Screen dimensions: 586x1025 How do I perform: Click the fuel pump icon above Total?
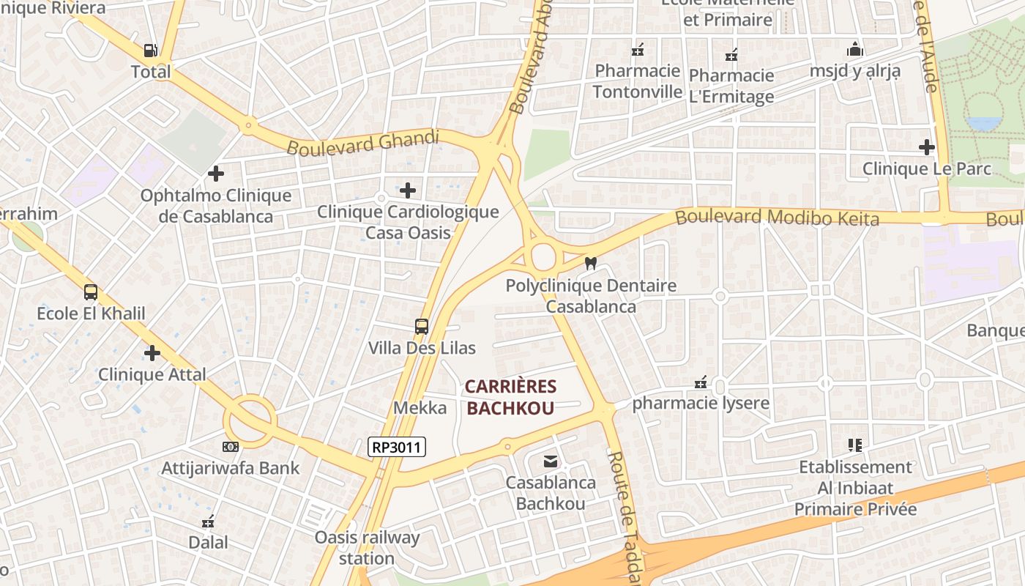pos(150,50)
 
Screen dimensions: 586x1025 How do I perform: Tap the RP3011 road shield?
pos(396,446)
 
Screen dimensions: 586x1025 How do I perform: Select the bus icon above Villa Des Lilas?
pos(422,326)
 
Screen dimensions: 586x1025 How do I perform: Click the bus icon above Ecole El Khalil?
pos(91,292)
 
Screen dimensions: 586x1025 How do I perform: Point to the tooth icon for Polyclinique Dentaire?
pos(591,263)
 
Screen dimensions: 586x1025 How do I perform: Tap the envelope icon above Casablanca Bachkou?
pos(550,461)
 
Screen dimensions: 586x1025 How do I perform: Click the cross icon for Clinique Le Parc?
pos(927,147)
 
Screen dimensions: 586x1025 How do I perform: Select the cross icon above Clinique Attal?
pos(152,353)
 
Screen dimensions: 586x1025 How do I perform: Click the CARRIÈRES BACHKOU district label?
pos(510,397)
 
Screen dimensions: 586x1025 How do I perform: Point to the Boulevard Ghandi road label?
pos(362,142)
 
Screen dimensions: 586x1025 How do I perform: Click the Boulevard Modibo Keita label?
pos(777,217)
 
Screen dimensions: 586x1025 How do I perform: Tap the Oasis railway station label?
pos(367,548)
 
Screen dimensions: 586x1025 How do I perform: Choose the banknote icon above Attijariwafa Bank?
pos(230,446)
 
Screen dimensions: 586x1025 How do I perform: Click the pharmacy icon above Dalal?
pos(208,522)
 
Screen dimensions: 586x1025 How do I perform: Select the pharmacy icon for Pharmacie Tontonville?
pos(638,50)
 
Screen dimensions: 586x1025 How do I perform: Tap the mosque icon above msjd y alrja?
pos(854,50)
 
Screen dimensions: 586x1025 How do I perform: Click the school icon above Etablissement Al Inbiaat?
pos(854,445)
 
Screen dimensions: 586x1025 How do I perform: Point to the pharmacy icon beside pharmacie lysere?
pos(701,382)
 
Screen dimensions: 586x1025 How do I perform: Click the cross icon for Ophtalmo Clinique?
pos(215,174)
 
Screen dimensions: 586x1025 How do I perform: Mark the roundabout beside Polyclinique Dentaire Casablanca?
pos(543,257)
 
